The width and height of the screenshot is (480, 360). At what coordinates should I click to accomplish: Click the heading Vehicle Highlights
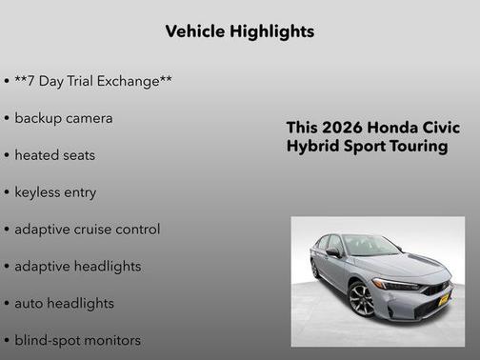point(239,31)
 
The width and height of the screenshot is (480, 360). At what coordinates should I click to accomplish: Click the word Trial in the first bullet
point(81,82)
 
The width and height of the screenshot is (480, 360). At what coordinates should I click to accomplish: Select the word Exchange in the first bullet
point(136,82)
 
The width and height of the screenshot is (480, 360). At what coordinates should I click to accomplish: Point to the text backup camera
point(63,118)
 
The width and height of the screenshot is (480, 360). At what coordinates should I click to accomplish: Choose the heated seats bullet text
point(54,155)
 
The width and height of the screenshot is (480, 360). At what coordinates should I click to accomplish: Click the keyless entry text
point(55,192)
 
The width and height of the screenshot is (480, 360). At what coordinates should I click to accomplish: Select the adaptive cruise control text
point(87,230)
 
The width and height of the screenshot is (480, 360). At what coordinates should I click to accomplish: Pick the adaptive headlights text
point(77,267)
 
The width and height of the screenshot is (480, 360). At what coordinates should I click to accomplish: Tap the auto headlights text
point(64,303)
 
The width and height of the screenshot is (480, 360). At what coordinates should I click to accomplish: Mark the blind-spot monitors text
point(77,340)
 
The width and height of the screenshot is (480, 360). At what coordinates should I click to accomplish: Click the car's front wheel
point(362,299)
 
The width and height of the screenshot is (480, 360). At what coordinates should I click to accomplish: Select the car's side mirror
point(333,253)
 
